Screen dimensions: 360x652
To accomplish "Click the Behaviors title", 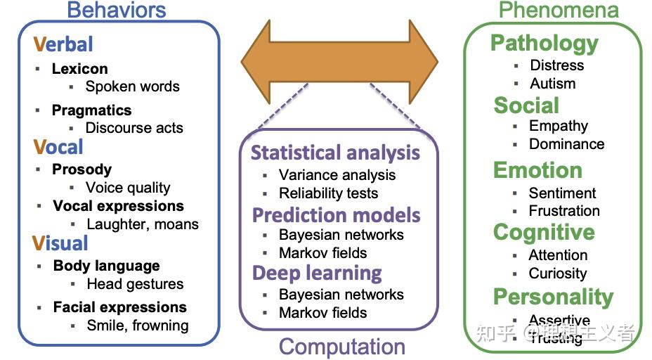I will click(x=116, y=10).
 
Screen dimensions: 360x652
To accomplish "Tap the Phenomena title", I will click(x=559, y=10).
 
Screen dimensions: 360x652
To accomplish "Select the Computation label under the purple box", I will click(x=342, y=346).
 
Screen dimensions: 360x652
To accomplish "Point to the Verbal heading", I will click(x=63, y=44).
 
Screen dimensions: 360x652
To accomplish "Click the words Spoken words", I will click(x=132, y=86).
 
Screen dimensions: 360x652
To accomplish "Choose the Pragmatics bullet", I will click(x=91, y=110).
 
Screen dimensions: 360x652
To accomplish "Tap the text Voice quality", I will click(x=128, y=188).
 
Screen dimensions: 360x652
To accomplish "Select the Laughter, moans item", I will click(x=143, y=224).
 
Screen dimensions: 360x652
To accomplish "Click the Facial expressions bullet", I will click(x=119, y=307).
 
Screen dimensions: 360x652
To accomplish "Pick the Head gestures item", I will click(x=135, y=284).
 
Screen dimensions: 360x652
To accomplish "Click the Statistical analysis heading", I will click(x=335, y=153).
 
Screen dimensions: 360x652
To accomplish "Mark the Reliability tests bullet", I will click(x=328, y=193).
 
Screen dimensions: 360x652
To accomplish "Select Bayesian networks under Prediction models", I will click(x=341, y=235).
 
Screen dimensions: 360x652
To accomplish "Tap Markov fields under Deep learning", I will click(x=322, y=313).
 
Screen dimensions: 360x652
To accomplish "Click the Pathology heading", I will click(x=544, y=43).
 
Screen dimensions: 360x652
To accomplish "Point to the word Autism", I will click(x=552, y=83).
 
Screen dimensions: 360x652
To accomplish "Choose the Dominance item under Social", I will click(x=566, y=144).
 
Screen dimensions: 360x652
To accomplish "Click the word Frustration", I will click(x=564, y=211).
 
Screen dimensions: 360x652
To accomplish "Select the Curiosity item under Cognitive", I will click(x=557, y=274).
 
